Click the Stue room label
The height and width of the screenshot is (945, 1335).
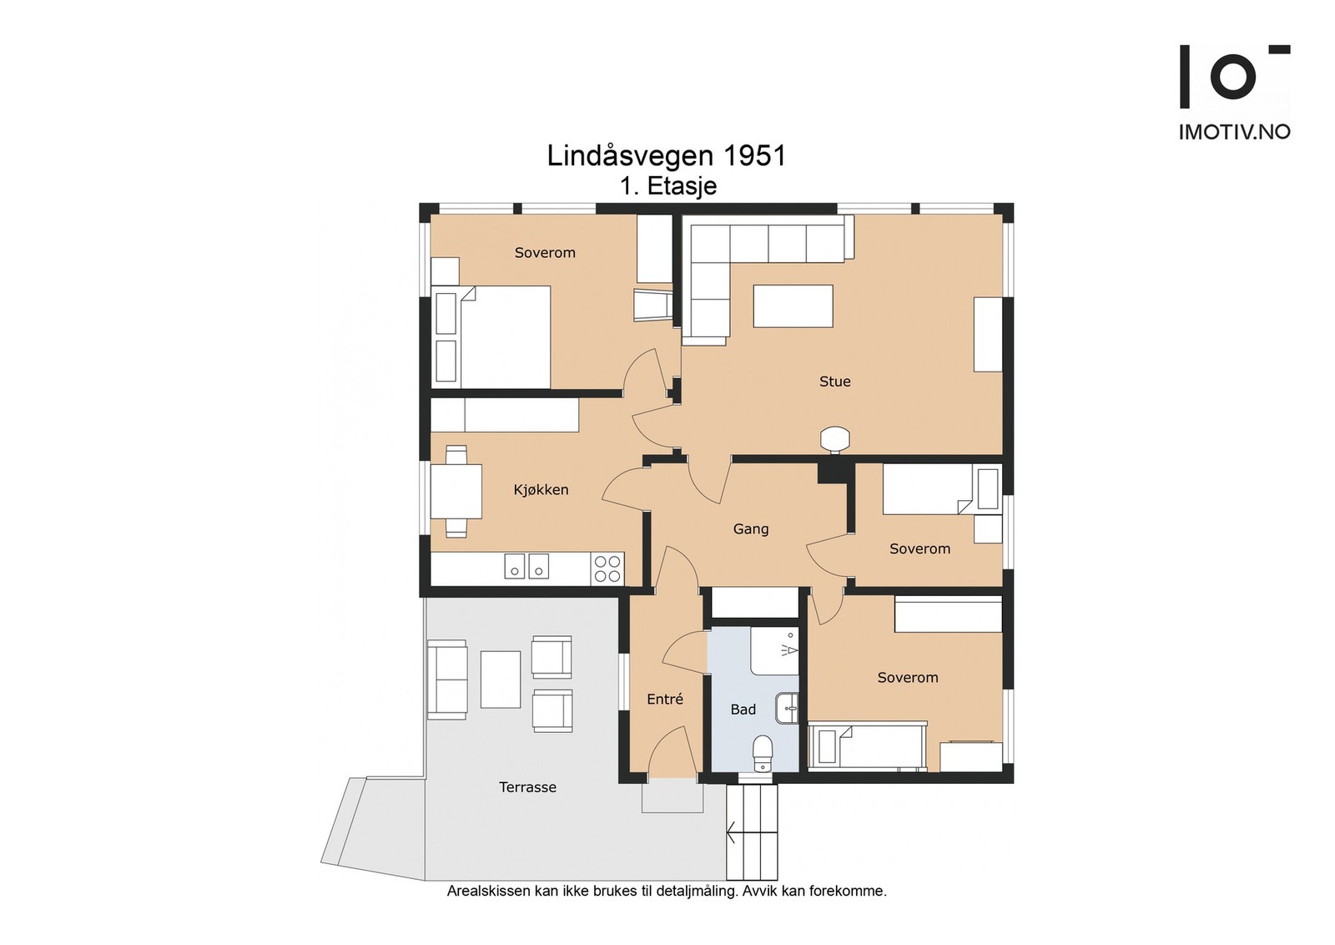(834, 382)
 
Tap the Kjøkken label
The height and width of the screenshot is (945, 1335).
(542, 490)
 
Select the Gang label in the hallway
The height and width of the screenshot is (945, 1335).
(751, 529)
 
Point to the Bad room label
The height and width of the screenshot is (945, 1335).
(743, 710)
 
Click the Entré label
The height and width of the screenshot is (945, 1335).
(665, 699)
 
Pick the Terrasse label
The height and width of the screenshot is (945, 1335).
(528, 787)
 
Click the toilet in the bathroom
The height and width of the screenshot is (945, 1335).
(763, 754)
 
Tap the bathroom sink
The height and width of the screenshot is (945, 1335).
(788, 708)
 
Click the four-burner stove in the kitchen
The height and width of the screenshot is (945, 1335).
(607, 569)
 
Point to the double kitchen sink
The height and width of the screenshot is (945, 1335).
(526, 566)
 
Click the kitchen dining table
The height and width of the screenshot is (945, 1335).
(456, 491)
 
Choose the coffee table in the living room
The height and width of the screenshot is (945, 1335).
(793, 306)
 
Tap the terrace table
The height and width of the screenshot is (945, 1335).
(501, 680)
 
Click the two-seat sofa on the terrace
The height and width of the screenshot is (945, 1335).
(447, 680)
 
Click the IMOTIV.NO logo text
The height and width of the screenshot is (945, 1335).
(1234, 132)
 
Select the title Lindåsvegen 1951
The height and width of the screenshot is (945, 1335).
(667, 156)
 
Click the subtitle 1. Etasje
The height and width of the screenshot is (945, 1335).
(668, 186)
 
